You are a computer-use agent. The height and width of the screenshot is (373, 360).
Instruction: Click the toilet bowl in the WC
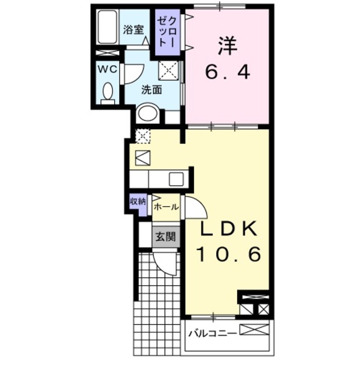coord(108,92)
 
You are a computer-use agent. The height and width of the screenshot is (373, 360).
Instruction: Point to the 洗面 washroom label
coord(152,90)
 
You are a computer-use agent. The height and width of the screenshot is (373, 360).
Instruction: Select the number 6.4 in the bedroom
coord(227,72)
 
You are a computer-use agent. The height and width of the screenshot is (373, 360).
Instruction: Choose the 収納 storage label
coord(137,202)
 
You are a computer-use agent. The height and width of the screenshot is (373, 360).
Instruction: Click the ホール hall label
coord(166,206)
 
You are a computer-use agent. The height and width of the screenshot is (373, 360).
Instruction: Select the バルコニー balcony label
coord(212,333)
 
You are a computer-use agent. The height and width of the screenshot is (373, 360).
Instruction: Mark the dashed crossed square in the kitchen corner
coord(143,136)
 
